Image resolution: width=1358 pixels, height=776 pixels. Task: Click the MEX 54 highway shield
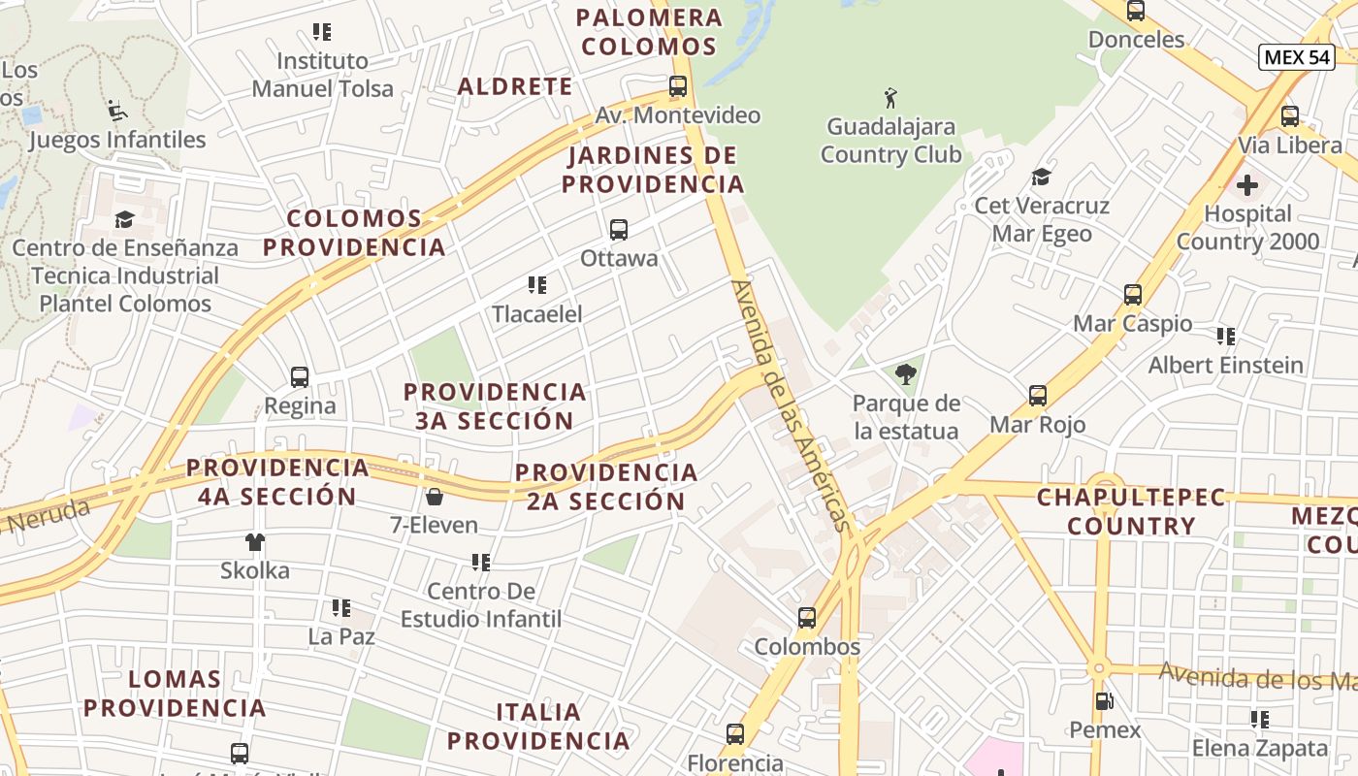(x=1296, y=57)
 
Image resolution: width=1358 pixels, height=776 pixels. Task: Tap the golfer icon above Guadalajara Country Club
(x=890, y=97)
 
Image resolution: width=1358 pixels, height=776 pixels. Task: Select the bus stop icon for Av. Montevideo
(x=678, y=86)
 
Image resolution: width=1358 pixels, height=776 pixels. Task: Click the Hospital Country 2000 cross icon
(x=1247, y=184)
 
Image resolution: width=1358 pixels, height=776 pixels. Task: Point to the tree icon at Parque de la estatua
(x=906, y=373)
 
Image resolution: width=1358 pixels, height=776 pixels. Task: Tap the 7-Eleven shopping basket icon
(x=434, y=497)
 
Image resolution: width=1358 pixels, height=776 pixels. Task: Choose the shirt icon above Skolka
(x=255, y=542)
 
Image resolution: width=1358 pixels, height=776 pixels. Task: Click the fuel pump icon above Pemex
(x=1104, y=700)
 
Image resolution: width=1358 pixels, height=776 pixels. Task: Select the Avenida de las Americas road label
(x=791, y=405)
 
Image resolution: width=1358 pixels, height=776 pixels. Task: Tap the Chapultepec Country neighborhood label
(x=1117, y=511)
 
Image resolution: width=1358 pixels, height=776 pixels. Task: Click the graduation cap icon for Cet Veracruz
(x=1042, y=177)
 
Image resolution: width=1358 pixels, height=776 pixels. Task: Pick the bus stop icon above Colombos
(x=807, y=618)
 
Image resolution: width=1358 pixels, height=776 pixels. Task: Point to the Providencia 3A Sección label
(x=495, y=406)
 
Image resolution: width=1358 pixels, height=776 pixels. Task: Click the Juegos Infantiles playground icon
(x=116, y=110)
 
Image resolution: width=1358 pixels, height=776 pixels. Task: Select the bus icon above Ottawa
(x=619, y=230)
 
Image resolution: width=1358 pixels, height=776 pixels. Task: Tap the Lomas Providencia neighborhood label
(x=175, y=693)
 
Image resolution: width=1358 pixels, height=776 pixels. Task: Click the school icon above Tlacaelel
(x=536, y=285)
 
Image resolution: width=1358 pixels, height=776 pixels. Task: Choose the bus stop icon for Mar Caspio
(x=1133, y=295)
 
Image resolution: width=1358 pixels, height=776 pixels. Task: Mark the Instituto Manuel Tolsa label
(x=323, y=75)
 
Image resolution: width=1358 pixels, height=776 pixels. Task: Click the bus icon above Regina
(x=300, y=377)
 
